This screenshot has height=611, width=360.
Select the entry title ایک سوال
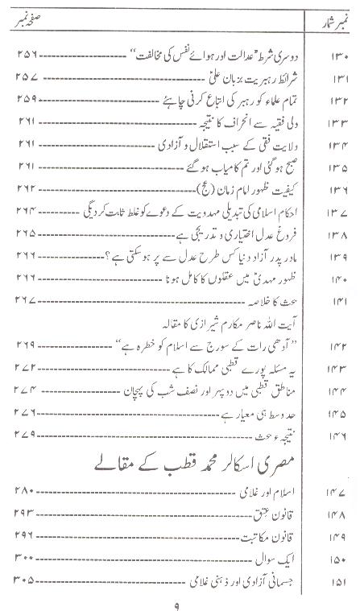287,535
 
